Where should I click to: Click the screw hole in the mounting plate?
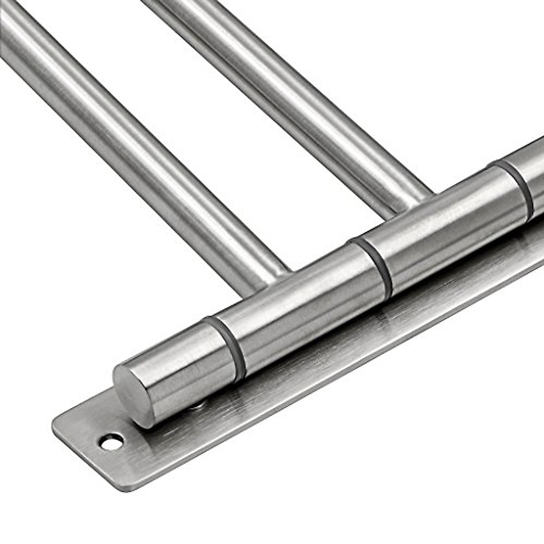click(111, 441)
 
